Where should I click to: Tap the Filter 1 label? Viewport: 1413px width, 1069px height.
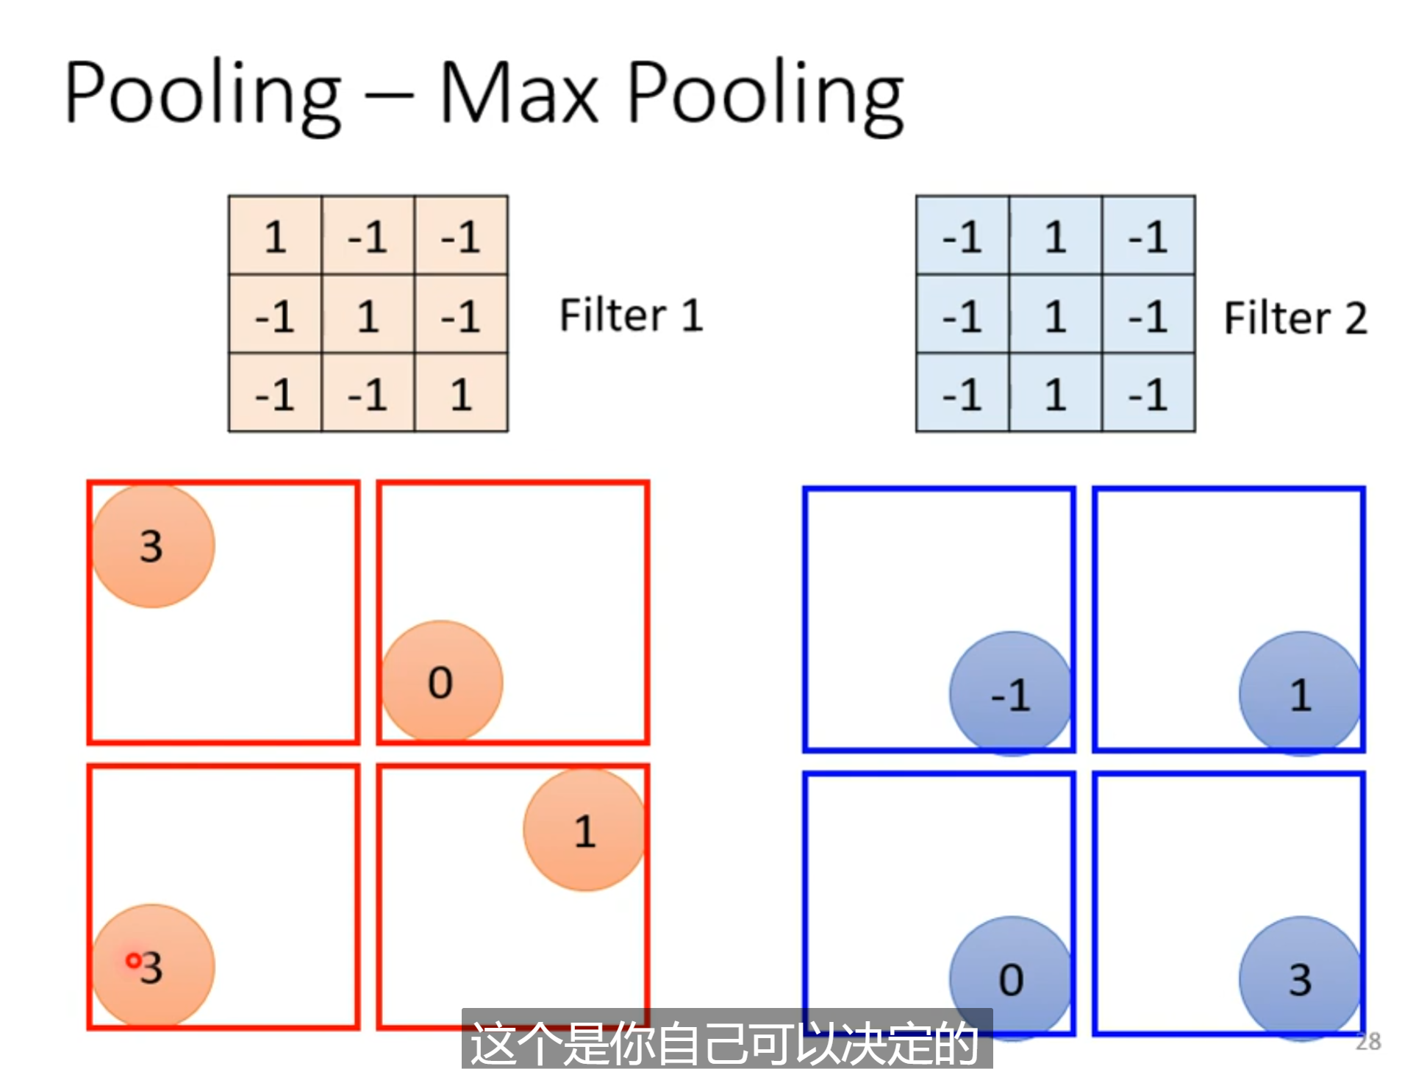[x=631, y=315]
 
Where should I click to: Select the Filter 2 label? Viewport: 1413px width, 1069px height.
[x=1295, y=318]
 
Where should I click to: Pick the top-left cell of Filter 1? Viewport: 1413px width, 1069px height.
[x=275, y=236]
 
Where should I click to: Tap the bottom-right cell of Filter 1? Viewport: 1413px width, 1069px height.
[x=461, y=393]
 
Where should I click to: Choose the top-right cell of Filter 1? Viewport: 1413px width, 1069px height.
[x=461, y=236]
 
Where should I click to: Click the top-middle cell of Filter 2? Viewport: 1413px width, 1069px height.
[x=1055, y=236]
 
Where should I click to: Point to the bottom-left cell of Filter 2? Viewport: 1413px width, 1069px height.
[x=962, y=393]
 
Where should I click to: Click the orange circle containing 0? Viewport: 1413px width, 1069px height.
[x=441, y=682]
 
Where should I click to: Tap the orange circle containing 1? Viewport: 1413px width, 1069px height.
[x=584, y=830]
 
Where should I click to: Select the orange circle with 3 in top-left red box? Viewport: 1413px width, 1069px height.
[x=153, y=546]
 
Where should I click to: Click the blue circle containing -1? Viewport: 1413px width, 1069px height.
[x=1010, y=693]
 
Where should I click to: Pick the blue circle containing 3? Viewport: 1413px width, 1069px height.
[x=1300, y=978]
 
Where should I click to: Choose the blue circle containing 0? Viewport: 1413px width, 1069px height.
[x=1010, y=978]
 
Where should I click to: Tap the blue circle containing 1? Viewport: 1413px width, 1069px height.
[x=1300, y=693]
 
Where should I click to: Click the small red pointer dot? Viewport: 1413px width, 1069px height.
[x=133, y=960]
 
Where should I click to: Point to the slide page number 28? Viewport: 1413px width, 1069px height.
[x=1367, y=1041]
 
